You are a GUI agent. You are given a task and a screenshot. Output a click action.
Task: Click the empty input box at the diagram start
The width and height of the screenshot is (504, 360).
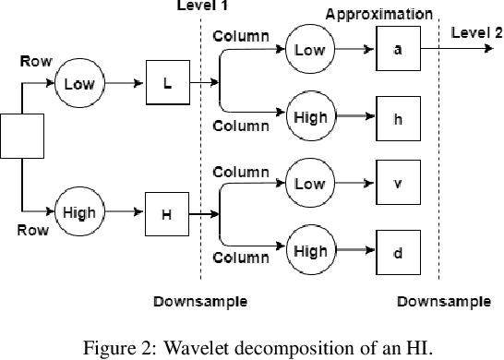click(x=18, y=137)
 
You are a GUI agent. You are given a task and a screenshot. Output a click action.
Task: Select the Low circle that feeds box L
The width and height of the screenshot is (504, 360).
click(x=79, y=84)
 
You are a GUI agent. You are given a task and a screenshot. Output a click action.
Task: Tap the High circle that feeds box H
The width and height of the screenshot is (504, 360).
click(x=79, y=213)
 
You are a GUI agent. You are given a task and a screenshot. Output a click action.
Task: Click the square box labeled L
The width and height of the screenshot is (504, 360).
click(x=167, y=84)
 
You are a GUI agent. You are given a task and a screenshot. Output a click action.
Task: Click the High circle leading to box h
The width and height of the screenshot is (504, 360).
click(x=309, y=118)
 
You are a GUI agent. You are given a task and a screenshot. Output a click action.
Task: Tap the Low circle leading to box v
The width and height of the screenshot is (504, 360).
click(x=309, y=183)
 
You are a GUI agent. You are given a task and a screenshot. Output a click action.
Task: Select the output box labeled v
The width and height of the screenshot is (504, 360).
click(x=398, y=183)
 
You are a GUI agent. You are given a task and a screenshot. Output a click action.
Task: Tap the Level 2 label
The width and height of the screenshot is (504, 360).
click(x=476, y=32)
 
